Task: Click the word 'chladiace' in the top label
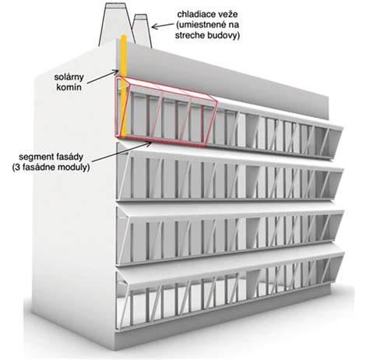[194, 15]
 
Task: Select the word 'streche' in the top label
[188, 35]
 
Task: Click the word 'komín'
[69, 87]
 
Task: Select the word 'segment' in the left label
[33, 157]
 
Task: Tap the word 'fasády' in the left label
[67, 157]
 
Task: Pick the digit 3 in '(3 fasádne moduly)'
[18, 168]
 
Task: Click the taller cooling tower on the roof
[116, 24]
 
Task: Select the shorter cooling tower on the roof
[142, 30]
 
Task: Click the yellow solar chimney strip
[124, 86]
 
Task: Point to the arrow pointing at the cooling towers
[162, 26]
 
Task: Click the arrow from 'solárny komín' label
[102, 76]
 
